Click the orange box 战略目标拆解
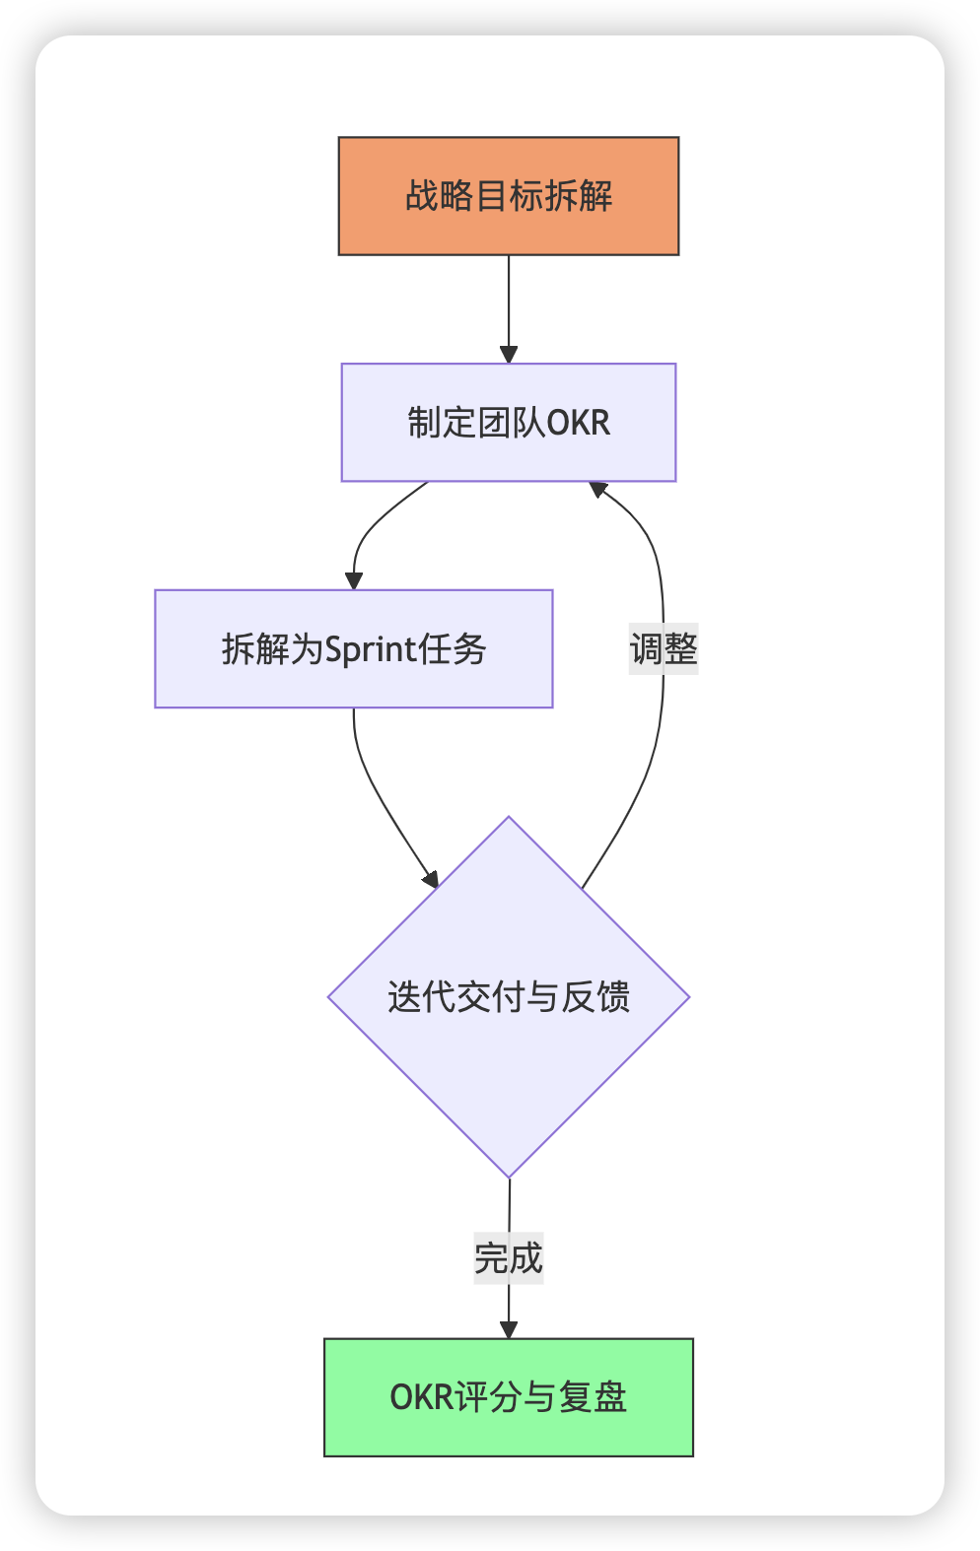pos(509,196)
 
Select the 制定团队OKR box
pos(509,423)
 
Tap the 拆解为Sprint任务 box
pos(354,649)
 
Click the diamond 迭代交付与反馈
pos(509,997)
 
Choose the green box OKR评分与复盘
pos(509,1397)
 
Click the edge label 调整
pos(664,649)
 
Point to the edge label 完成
pos(509,1258)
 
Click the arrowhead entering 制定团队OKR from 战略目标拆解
pos(509,355)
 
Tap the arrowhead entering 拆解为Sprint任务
pos(354,581)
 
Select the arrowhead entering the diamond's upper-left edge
pos(431,879)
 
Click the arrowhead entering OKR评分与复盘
pos(509,1329)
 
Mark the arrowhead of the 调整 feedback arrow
pos(597,488)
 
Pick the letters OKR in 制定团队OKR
pos(579,423)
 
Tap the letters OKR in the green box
pos(421,1397)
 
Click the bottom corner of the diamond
pos(509,1176)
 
